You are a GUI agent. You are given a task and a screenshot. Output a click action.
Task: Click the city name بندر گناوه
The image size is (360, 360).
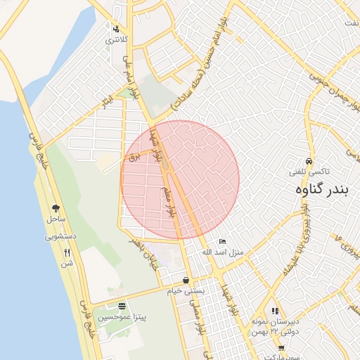click(x=323, y=190)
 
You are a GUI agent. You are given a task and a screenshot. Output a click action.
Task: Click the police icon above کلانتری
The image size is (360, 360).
click(x=115, y=30)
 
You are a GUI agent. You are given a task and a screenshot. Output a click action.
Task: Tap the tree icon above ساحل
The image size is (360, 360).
click(x=55, y=208)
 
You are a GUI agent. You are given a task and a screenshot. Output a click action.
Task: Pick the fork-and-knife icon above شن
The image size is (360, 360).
click(x=67, y=252)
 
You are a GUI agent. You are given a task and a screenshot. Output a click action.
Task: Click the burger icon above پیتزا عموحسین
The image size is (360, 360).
click(x=122, y=306)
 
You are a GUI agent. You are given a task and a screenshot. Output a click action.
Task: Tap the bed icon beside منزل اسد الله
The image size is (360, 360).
click(x=223, y=242)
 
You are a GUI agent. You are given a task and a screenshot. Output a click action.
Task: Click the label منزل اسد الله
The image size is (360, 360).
click(x=222, y=252)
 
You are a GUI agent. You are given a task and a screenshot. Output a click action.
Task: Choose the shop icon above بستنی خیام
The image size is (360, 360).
click(x=186, y=280)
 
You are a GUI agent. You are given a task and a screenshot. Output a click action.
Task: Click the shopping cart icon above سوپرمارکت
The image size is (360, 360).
click(x=281, y=348)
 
